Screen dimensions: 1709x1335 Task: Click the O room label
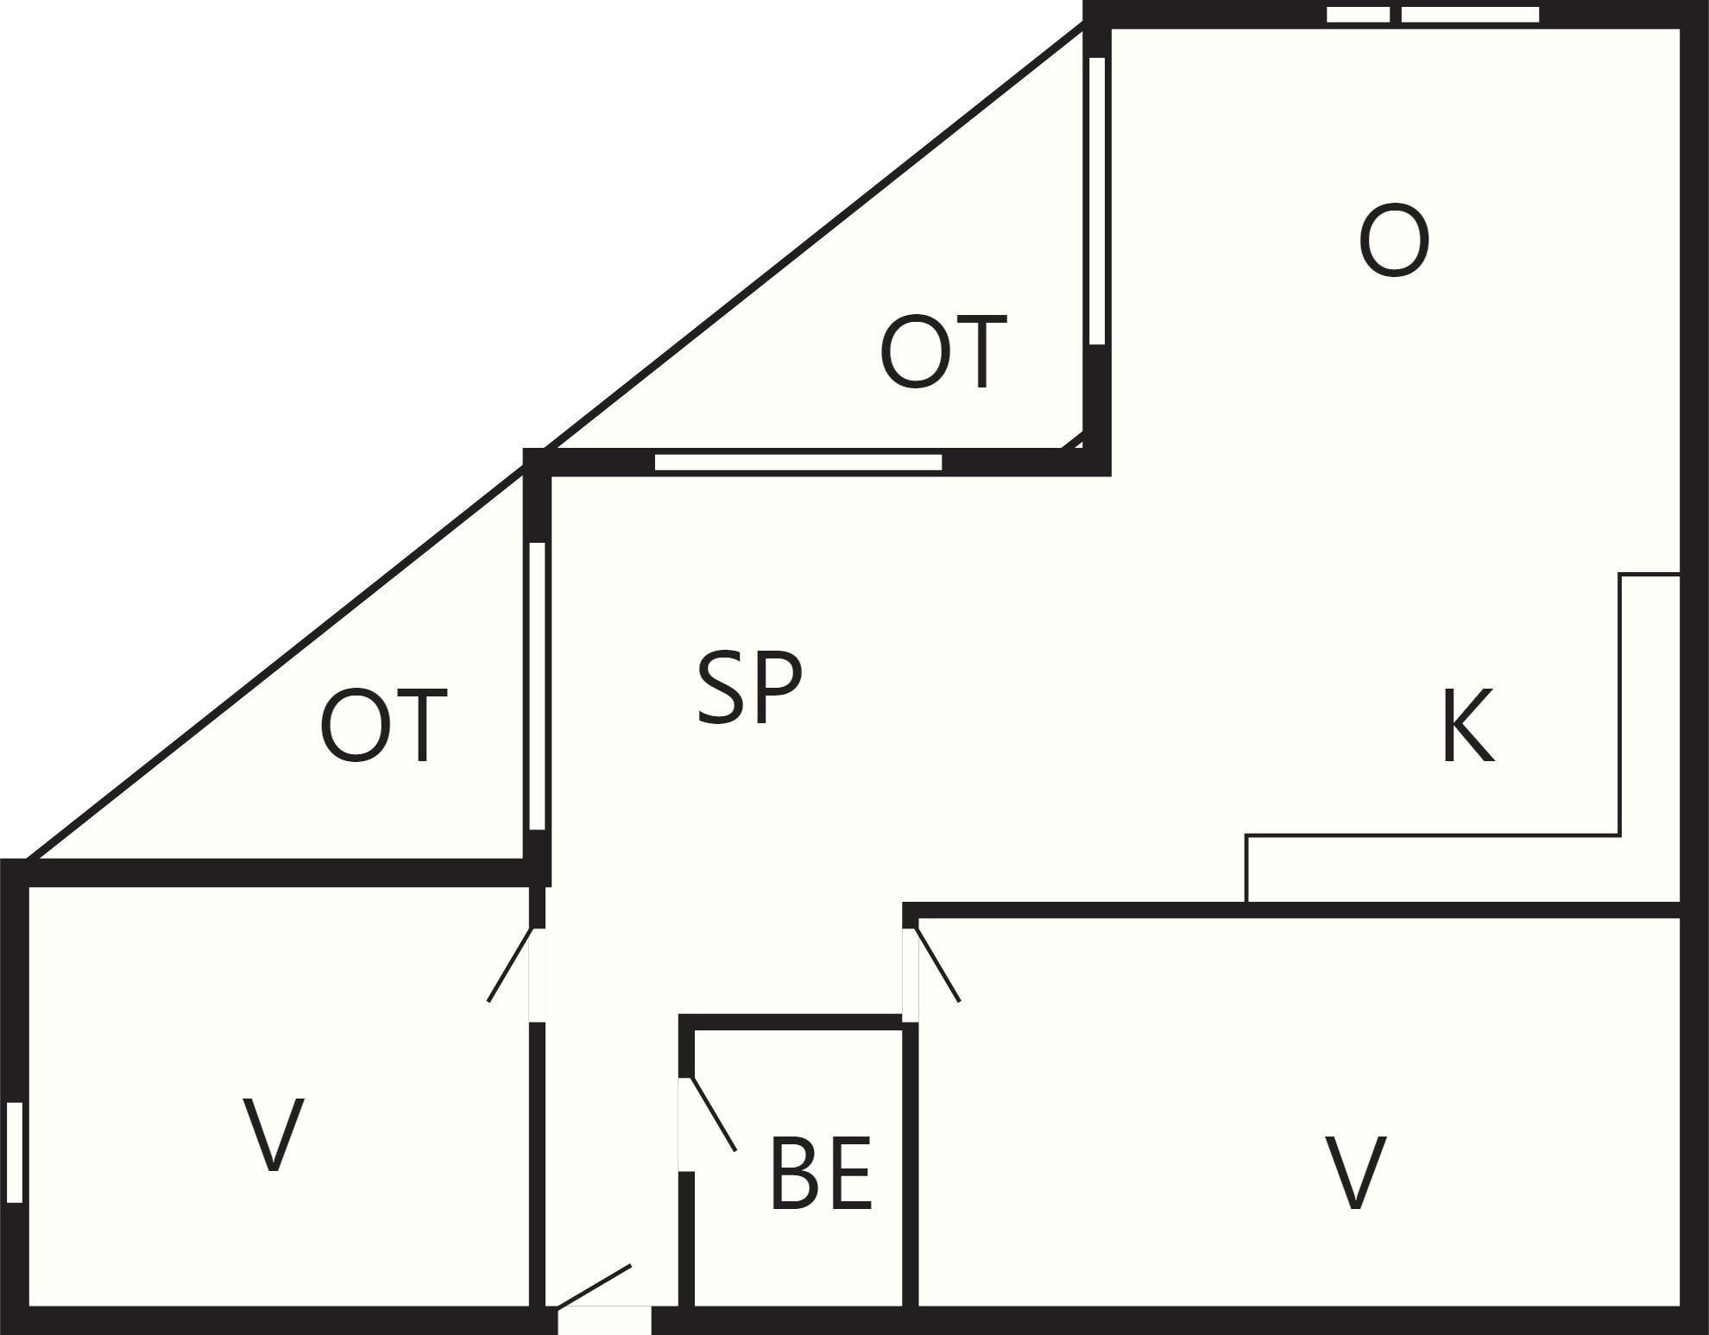(1394, 241)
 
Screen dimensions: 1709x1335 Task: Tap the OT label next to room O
(943, 352)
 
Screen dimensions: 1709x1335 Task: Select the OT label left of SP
(383, 726)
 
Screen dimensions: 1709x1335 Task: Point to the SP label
(749, 688)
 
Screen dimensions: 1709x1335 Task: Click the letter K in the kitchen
(1468, 726)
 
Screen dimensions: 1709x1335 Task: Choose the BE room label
(820, 1174)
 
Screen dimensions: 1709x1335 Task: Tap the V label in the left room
(273, 1134)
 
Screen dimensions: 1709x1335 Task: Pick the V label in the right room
(1355, 1173)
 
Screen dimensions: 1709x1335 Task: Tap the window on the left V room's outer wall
(14, 1152)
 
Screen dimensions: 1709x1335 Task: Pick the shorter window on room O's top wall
(1358, 15)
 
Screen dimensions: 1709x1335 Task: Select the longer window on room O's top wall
(1470, 15)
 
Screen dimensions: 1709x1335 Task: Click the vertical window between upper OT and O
(1097, 201)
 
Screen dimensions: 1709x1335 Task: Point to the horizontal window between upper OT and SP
(798, 463)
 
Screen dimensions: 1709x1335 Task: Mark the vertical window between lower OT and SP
(537, 686)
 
